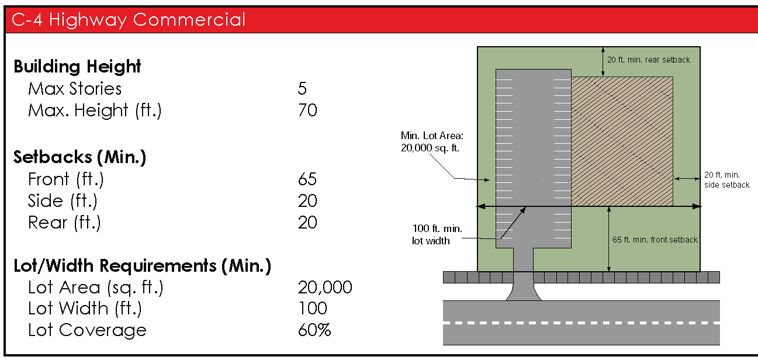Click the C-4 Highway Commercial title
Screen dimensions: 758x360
[x=129, y=20]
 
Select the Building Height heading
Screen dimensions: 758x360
[x=77, y=67]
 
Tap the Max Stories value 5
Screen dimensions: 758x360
[x=302, y=89]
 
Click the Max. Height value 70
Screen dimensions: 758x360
[x=307, y=110]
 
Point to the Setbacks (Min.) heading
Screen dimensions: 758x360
[x=79, y=157]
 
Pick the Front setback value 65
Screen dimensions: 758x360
[x=307, y=179]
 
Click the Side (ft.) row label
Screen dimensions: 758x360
[x=63, y=201]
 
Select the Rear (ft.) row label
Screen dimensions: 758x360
[x=64, y=223]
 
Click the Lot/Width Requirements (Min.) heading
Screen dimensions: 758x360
[x=142, y=266]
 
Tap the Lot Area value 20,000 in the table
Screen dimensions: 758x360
[x=325, y=288]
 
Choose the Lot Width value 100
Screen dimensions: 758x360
[x=313, y=309]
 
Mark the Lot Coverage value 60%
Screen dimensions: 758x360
[x=314, y=330]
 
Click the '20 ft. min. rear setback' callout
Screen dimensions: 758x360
[x=649, y=60]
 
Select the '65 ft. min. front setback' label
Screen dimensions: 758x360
[x=655, y=240]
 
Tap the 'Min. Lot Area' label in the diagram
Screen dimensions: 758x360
[x=430, y=142]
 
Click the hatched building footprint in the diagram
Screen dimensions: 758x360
[x=622, y=140]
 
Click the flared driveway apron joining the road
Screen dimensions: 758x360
[x=523, y=290]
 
